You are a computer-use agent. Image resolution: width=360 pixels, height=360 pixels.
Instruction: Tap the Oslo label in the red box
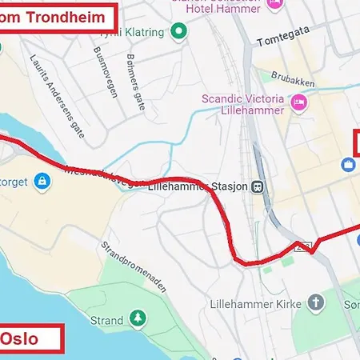[x=19, y=338]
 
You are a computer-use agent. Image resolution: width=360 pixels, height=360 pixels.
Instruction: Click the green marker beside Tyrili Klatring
[x=179, y=33]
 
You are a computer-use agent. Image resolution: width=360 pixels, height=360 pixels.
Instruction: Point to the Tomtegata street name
[x=283, y=40]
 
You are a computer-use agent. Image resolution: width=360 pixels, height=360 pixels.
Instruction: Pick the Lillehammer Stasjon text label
[x=197, y=186]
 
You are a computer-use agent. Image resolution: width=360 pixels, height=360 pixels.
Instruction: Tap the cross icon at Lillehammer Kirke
[x=318, y=303]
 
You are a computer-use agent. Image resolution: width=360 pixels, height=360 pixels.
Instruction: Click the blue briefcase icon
[x=349, y=165]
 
